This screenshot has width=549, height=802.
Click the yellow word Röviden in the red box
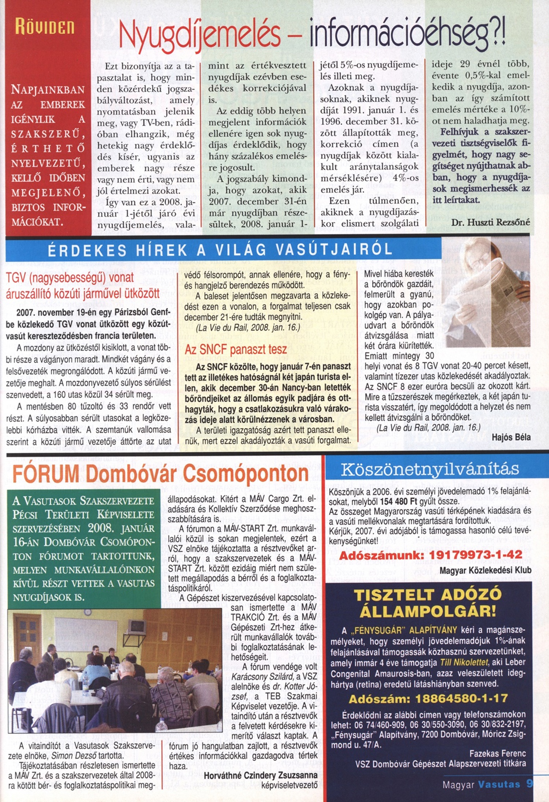coord(45,27)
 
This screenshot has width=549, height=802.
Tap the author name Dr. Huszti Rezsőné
coord(490,222)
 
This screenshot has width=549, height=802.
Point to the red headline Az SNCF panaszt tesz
coord(236,350)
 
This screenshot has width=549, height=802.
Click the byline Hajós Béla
coord(511,437)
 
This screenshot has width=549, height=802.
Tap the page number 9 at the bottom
coord(530,784)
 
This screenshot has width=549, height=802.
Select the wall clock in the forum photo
coord(87,613)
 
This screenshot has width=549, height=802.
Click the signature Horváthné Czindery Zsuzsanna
coord(261,775)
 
